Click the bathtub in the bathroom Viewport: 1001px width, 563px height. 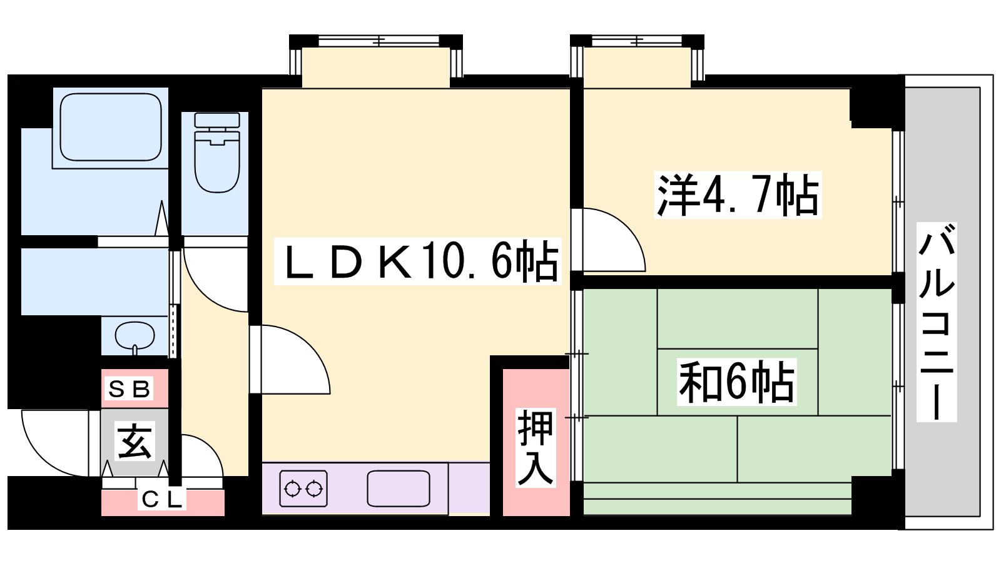point(111,128)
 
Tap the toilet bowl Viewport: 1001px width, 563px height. point(217,161)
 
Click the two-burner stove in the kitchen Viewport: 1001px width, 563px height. point(303,489)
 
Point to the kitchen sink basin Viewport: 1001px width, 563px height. point(399,489)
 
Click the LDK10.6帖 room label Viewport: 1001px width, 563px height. point(417,262)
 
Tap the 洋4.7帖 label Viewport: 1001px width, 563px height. point(738,195)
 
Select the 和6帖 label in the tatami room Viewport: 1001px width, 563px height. point(736,382)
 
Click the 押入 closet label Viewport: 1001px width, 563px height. point(536,448)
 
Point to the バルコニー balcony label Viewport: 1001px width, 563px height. point(937,322)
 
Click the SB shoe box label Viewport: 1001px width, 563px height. point(129,389)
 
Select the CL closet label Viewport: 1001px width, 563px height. point(162,500)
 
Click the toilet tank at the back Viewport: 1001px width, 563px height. point(217,119)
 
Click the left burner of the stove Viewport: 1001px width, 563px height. point(292,489)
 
